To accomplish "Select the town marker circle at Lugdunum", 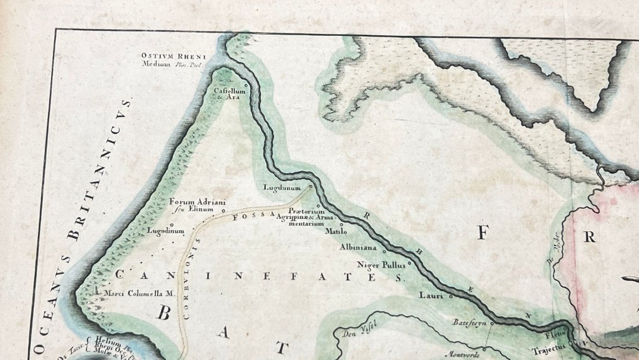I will click(310, 186).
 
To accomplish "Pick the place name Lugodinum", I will click(165, 231).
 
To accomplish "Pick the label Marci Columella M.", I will click(133, 293).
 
